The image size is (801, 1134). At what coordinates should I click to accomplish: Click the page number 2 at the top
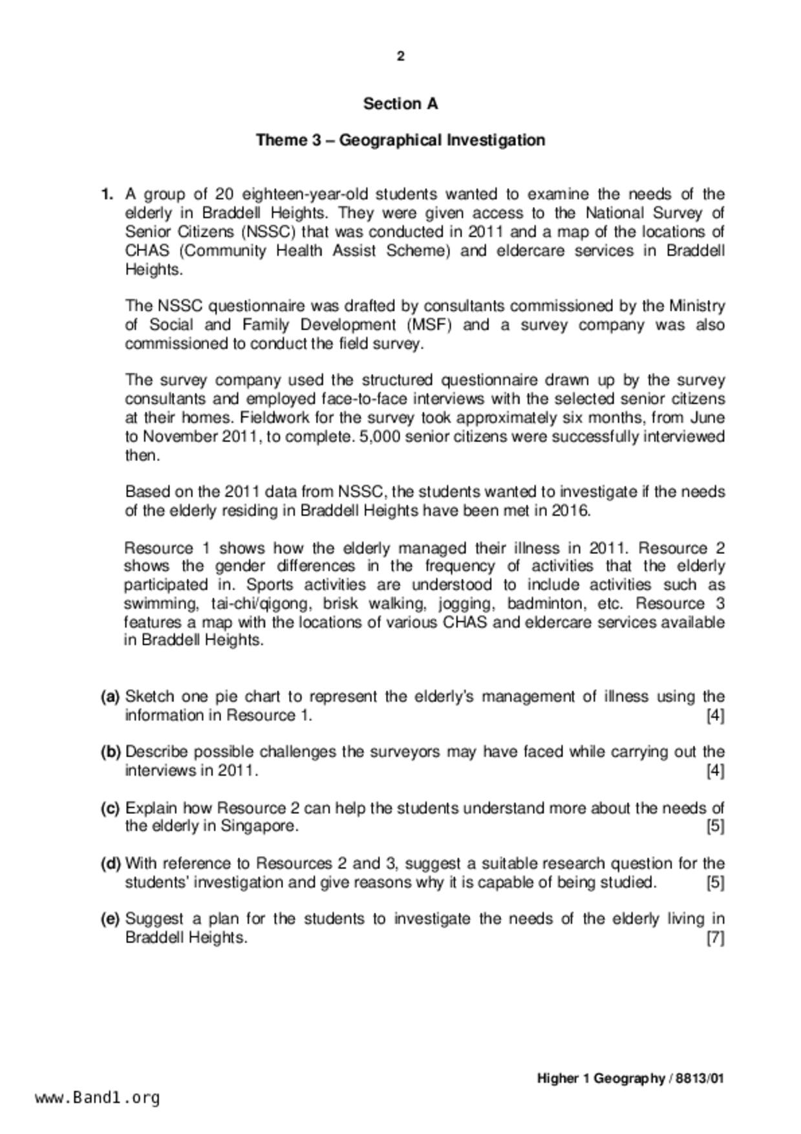point(401,57)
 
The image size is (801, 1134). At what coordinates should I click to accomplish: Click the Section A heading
point(400,103)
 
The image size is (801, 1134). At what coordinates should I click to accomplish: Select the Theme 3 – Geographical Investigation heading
point(400,140)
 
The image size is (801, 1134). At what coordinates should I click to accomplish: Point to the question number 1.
point(107,194)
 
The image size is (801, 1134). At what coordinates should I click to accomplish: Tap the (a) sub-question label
point(111,696)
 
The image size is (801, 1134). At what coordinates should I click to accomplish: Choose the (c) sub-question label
point(111,808)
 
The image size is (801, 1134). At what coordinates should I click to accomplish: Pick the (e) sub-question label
point(111,919)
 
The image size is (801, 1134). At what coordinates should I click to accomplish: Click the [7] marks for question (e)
point(715,938)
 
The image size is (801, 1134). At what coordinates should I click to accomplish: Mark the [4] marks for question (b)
point(715,771)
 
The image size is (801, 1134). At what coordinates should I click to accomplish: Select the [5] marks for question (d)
point(715,883)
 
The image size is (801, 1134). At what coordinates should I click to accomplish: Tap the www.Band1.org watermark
point(98,1098)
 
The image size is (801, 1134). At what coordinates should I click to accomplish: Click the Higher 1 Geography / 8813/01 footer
point(630,1078)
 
